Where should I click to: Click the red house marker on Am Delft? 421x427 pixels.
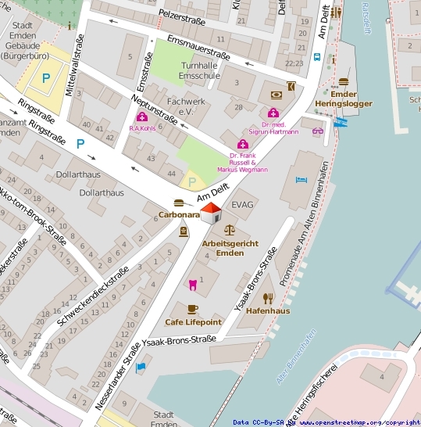[x=211, y=213]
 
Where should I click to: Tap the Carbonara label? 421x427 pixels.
[x=179, y=214]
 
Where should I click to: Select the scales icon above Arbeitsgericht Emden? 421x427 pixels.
[x=229, y=231]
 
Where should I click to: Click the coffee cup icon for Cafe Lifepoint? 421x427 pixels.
[x=193, y=310]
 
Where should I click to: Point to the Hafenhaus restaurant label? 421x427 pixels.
[x=268, y=310]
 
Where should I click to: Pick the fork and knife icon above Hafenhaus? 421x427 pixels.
[x=268, y=298]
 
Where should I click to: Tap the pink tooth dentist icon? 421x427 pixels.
[x=192, y=282]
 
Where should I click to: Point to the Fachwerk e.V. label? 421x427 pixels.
[x=185, y=106]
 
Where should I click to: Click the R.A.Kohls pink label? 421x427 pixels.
[x=141, y=128]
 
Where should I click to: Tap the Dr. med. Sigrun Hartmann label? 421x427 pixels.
[x=280, y=127]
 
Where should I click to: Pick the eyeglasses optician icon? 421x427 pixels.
[x=317, y=131]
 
